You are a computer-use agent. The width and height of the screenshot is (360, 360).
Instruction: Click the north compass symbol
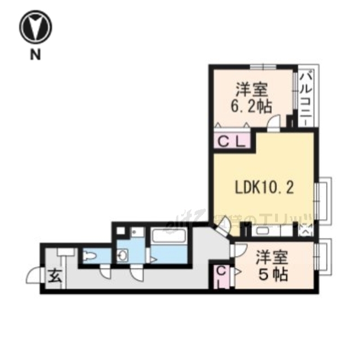tap(35, 26)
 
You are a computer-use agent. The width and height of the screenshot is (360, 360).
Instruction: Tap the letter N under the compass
tap(35, 55)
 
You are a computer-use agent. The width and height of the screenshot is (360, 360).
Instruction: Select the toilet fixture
tap(89, 257)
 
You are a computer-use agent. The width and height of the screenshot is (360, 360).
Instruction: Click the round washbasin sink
tap(123, 256)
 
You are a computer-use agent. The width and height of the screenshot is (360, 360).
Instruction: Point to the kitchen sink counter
tap(264, 230)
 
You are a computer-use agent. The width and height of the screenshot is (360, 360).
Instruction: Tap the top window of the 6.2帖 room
tap(262, 67)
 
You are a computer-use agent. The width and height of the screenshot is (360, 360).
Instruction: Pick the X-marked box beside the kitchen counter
tap(304, 229)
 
